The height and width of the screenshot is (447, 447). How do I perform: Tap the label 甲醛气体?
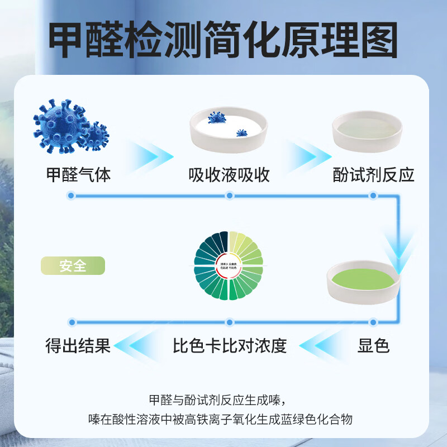[78, 174]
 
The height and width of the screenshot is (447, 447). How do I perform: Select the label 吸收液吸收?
[229, 174]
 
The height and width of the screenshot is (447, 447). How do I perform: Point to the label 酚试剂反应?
[373, 174]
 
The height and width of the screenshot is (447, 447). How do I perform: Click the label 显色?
[373, 346]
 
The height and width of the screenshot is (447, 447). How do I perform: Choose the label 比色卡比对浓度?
[230, 346]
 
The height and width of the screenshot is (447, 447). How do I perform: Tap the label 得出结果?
[78, 346]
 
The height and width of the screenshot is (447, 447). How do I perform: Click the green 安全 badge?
[73, 265]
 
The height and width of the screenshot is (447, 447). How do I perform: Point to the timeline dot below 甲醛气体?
[71, 196]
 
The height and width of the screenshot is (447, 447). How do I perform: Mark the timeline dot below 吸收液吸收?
[228, 196]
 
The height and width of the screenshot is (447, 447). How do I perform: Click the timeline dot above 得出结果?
[71, 322]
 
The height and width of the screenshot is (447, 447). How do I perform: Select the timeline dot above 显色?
[373, 322]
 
